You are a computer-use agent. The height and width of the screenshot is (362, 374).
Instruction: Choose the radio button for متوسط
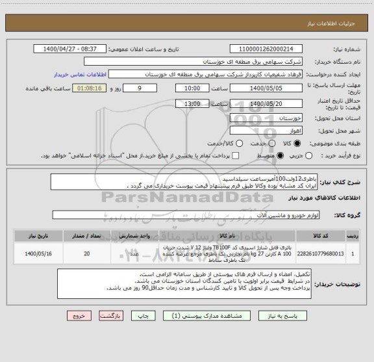point(280,157)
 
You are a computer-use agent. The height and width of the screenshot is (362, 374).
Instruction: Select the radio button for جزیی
point(308,157)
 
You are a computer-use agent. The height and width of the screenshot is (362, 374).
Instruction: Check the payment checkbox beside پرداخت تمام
point(236,157)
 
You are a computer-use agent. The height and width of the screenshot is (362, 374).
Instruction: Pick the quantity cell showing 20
point(88,253)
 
